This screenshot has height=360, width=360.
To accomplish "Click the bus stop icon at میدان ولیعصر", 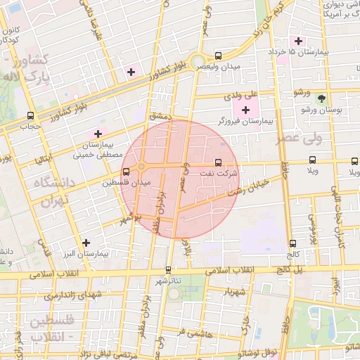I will [x=218, y=56].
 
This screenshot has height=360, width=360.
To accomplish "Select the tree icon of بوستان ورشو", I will [x=322, y=98].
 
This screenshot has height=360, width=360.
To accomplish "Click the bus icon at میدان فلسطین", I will [x=126, y=171].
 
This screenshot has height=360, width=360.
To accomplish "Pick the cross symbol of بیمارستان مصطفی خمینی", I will [x=98, y=133].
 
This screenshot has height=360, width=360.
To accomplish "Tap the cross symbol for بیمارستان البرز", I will [x=86, y=242].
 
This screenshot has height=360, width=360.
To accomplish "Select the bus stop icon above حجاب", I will [x=30, y=115].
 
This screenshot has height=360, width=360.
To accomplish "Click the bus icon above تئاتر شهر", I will [x=167, y=269].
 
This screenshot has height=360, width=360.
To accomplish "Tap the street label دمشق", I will [x=160, y=115].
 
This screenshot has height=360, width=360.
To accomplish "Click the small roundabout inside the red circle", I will [x=142, y=166].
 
